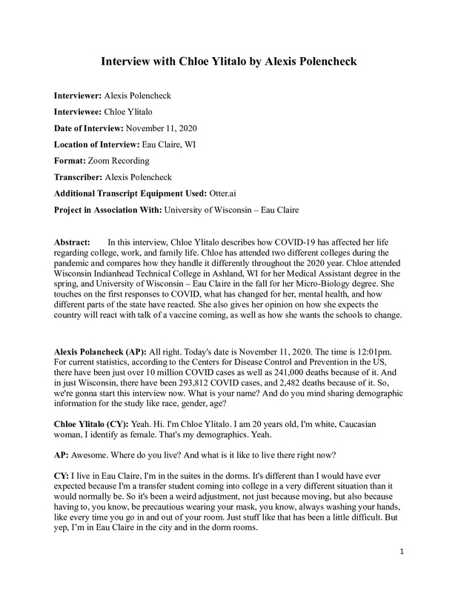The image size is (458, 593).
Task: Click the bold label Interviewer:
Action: (82, 96)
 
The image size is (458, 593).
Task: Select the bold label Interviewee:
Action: (82, 111)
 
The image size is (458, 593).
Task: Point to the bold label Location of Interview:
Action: (102, 144)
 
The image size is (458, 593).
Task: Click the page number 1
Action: (400, 572)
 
